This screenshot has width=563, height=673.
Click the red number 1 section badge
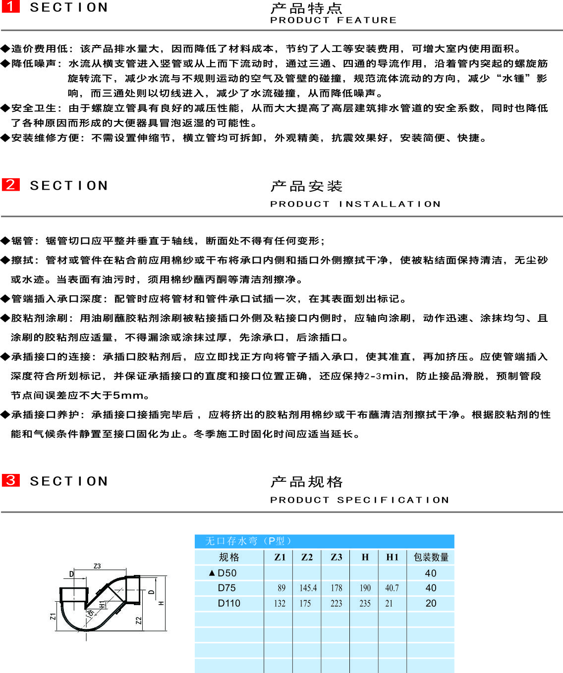click(x=10, y=6)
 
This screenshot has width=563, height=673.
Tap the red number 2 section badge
click(x=10, y=185)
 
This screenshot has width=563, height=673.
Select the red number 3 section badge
click(x=10, y=480)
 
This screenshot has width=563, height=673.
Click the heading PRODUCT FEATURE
click(x=333, y=20)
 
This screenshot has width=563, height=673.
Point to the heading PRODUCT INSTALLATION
click(x=355, y=204)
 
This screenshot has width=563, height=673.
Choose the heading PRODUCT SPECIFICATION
click(x=360, y=500)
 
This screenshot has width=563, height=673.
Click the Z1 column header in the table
click(x=280, y=557)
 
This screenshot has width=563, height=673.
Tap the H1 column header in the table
click(x=393, y=557)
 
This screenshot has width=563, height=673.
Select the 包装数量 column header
click(x=431, y=557)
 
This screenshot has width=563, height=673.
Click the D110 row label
click(x=229, y=603)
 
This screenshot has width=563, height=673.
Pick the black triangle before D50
click(x=212, y=573)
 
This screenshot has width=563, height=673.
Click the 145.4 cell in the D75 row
click(x=308, y=588)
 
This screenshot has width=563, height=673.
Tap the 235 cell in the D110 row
click(x=365, y=603)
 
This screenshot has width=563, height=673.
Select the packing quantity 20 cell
click(x=431, y=603)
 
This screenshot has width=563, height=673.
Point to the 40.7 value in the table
click(x=392, y=588)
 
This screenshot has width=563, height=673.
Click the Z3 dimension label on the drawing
click(x=97, y=566)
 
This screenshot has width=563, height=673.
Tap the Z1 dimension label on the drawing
click(x=53, y=616)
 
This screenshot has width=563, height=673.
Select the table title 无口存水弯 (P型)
click(x=248, y=541)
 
